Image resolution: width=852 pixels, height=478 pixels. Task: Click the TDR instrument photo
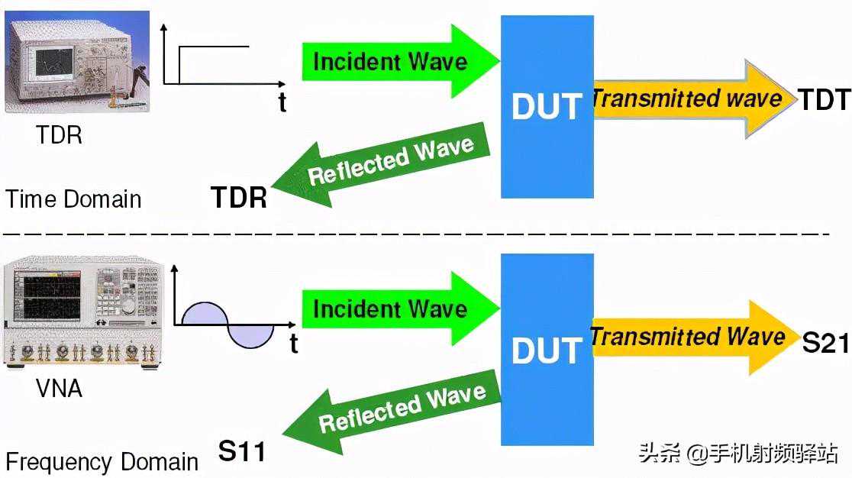(x=77, y=61)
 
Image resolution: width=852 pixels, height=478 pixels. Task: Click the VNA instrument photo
(x=83, y=313)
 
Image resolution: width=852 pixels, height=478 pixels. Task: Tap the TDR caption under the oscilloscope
(x=59, y=134)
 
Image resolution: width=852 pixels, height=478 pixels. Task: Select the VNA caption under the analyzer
(x=59, y=389)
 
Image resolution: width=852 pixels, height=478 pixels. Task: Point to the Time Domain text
(x=73, y=199)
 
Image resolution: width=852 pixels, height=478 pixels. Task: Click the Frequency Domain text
(x=102, y=462)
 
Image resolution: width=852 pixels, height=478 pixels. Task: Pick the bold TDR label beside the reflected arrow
(x=239, y=197)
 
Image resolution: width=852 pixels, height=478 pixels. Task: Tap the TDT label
(x=825, y=100)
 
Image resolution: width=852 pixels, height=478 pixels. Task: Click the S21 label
(x=825, y=343)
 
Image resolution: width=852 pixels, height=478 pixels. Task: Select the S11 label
(x=242, y=451)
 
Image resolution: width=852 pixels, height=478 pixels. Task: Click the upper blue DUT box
(x=547, y=106)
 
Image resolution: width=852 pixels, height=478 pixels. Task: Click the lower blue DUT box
(x=547, y=349)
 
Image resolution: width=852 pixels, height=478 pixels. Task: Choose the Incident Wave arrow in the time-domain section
(x=401, y=61)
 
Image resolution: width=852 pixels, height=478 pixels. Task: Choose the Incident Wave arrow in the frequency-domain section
(x=401, y=308)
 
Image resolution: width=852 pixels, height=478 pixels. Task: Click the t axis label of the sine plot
(x=293, y=344)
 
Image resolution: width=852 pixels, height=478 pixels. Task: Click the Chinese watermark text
(x=738, y=453)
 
